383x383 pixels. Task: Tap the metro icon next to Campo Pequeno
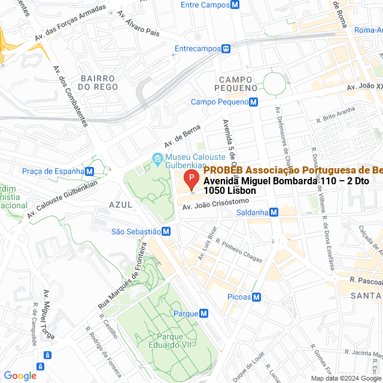[x=254, y=102]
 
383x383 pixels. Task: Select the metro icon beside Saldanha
[x=273, y=212]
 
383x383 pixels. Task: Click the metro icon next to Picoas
[x=256, y=297]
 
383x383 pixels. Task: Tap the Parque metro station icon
[x=204, y=313]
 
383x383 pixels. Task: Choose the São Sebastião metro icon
[x=166, y=232]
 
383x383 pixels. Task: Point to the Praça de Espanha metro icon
[x=90, y=171]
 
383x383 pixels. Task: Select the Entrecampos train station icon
[x=226, y=48]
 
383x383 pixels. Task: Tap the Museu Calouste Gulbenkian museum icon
[x=157, y=159]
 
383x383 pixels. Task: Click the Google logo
[x=20, y=375]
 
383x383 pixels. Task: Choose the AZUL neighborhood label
[x=120, y=204]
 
